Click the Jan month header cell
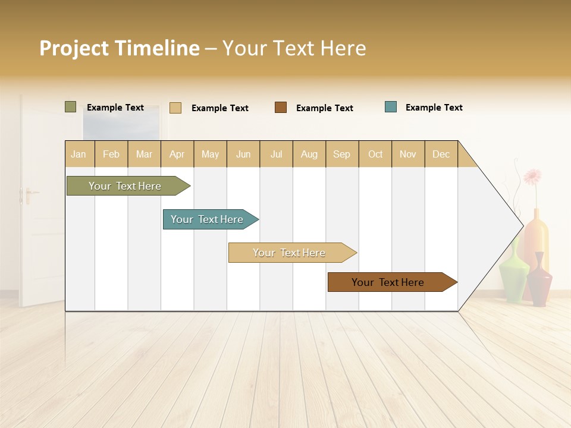click(79, 154)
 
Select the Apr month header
click(177, 154)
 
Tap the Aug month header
click(309, 154)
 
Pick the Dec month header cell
click(441, 154)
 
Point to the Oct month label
click(375, 154)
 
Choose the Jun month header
click(243, 154)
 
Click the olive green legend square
click(71, 107)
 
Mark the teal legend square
click(391, 107)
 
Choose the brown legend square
click(281, 108)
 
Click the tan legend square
click(175, 108)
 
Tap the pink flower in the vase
click(532, 176)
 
